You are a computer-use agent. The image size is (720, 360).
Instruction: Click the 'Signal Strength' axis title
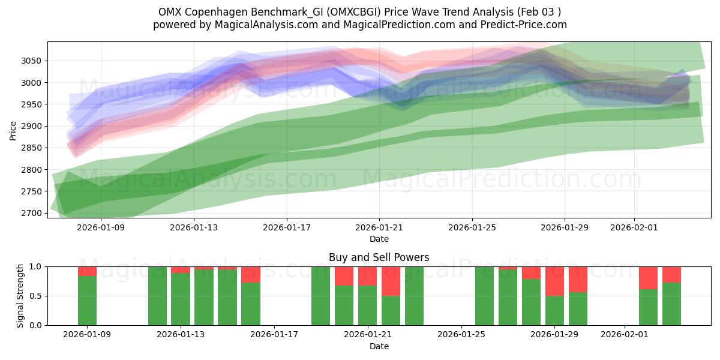click(x=20, y=296)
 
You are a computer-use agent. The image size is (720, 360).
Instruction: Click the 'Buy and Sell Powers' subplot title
click(x=379, y=257)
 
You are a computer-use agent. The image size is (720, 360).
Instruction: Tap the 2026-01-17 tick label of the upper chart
click(x=287, y=228)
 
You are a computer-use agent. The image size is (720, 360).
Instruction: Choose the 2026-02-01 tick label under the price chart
click(x=635, y=228)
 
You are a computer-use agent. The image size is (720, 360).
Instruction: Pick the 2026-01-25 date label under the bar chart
click(x=461, y=335)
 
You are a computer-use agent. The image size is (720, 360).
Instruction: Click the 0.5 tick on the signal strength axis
click(x=35, y=296)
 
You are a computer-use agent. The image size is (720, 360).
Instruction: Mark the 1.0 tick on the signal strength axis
click(x=35, y=266)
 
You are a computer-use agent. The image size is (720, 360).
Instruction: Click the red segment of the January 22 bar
click(x=391, y=281)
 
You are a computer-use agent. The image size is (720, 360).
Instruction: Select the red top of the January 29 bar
click(x=554, y=281)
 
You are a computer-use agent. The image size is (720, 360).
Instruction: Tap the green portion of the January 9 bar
click(x=88, y=300)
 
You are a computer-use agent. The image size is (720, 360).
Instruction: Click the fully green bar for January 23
click(x=414, y=296)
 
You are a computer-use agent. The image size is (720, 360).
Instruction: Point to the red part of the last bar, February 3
click(x=671, y=274)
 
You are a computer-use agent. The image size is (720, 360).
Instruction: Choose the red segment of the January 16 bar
click(x=251, y=274)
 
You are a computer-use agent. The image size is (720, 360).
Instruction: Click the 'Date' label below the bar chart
click(x=379, y=346)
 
